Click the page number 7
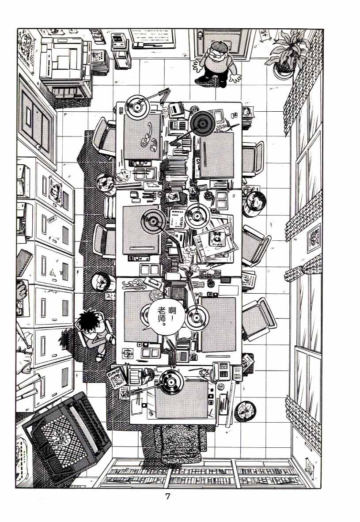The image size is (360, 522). pyautogui.click(x=167, y=496)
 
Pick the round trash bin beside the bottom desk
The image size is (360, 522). pyautogui.click(x=243, y=410)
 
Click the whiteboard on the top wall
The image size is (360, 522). pyautogui.click(x=152, y=37)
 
